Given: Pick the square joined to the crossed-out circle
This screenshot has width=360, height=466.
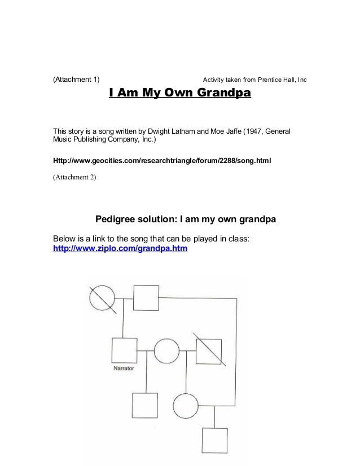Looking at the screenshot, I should point(146,297).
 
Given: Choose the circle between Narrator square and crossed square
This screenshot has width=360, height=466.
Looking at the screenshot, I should point(167,350).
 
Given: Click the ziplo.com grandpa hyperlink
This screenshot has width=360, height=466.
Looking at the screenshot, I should point(120,249).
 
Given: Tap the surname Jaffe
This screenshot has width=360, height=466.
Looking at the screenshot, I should point(230,131).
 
